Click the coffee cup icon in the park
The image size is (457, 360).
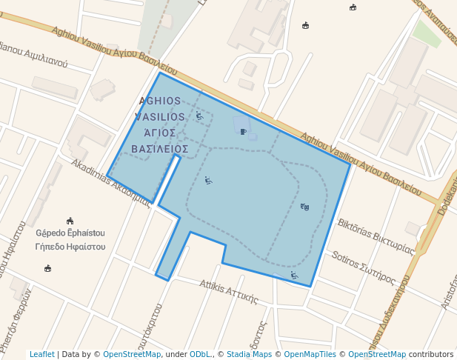click(243, 132)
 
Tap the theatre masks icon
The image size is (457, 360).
click(304, 207)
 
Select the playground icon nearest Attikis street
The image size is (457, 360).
click(294, 276)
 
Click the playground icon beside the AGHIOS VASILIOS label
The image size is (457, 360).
click(199, 116)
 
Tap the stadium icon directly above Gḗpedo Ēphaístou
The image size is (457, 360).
click(70, 221)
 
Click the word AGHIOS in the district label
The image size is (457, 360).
click(159, 100)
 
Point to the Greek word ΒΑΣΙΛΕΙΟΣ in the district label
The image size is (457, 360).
click(159, 149)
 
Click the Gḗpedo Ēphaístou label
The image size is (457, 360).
click(70, 233)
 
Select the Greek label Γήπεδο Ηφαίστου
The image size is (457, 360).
click(70, 246)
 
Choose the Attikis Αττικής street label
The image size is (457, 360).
click(228, 292)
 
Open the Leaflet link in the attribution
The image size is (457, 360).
click(41, 354)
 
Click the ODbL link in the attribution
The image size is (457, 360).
click(200, 354)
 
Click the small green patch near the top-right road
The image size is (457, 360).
click(427, 33)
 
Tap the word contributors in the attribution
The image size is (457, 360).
click(431, 354)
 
